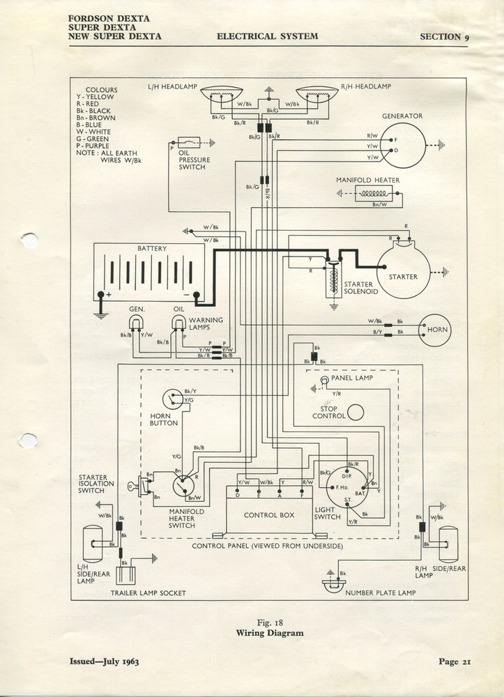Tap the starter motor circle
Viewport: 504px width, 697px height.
404,272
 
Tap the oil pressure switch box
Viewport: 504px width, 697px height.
190,142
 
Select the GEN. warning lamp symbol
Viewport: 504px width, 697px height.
135,321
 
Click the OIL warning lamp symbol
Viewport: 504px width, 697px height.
179,321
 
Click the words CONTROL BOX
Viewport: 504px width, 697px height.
268,515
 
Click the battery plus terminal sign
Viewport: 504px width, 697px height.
109,294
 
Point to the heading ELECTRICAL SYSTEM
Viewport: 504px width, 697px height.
268,36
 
